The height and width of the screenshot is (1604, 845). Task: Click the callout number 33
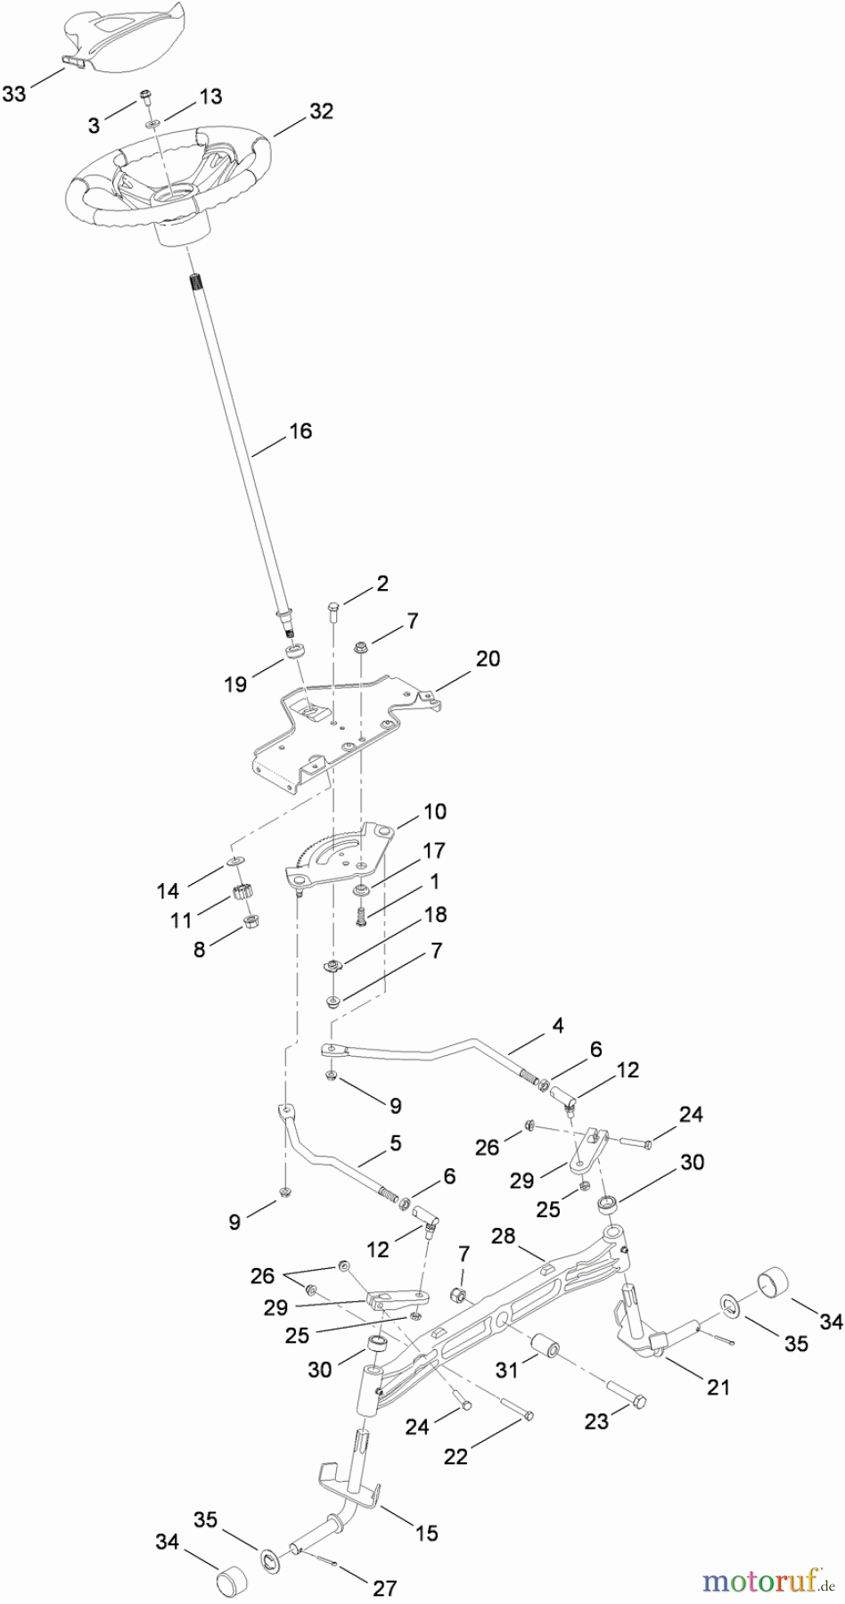(x=15, y=93)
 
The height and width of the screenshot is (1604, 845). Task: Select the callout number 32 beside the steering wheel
(x=321, y=111)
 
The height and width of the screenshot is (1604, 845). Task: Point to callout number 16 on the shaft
(x=300, y=431)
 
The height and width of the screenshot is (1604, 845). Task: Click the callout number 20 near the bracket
(x=488, y=659)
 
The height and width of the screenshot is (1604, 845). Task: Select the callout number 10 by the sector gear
(x=435, y=812)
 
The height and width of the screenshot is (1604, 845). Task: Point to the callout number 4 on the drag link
(x=557, y=1026)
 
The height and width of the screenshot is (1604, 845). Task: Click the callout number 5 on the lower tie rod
(x=394, y=1142)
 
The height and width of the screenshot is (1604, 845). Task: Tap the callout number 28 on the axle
(x=504, y=1236)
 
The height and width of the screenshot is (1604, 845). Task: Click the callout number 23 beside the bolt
(x=596, y=1421)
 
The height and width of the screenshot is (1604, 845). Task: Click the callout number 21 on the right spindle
(x=718, y=1387)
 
